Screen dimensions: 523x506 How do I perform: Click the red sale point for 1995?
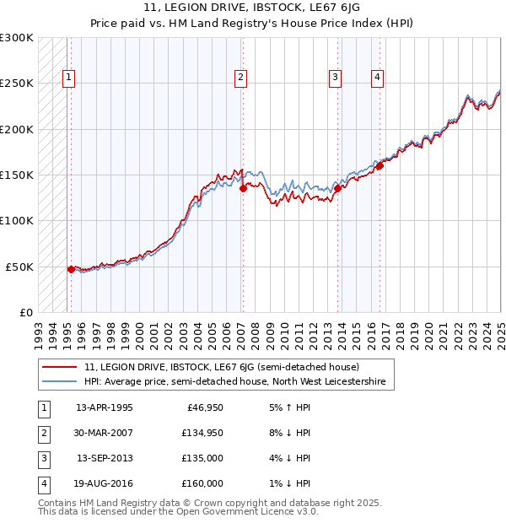pyautogui.click(x=71, y=269)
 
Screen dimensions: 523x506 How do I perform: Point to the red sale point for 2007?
pyautogui.click(x=243, y=189)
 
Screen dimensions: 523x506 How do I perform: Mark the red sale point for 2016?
pyautogui.click(x=379, y=165)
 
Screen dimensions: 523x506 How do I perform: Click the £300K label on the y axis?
pyautogui.click(x=16, y=38)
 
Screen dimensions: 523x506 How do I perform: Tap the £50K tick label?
pyautogui.click(x=19, y=267)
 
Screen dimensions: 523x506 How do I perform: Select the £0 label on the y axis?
pyautogui.click(x=26, y=312)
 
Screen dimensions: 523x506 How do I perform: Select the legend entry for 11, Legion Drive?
pyautogui.click(x=222, y=367)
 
